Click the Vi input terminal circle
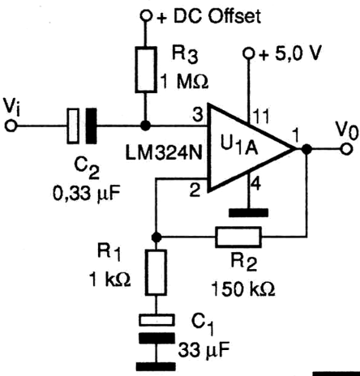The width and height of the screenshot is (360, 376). pyautogui.click(x=11, y=126)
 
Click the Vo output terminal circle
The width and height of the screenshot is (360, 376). pyautogui.click(x=347, y=149)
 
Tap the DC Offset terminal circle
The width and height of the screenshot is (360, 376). pyautogui.click(x=146, y=16)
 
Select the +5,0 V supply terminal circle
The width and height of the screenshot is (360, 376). pyautogui.click(x=248, y=53)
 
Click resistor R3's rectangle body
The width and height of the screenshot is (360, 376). pyautogui.click(x=146, y=70)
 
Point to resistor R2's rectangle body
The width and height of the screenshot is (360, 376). pyautogui.click(x=238, y=237)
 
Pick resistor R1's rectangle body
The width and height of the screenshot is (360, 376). pyautogui.click(x=156, y=272)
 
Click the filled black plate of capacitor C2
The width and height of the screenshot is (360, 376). pyautogui.click(x=91, y=126)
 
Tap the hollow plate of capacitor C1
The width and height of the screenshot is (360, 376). pyautogui.click(x=156, y=320)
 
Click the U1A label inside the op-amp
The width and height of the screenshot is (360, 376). pyautogui.click(x=239, y=147)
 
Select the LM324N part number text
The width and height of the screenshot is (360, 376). pyautogui.click(x=164, y=153)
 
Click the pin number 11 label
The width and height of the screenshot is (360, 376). pyautogui.click(x=261, y=117)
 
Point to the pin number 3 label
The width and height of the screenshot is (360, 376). pyautogui.click(x=197, y=114)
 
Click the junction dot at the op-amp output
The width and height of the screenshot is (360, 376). pyautogui.click(x=306, y=149)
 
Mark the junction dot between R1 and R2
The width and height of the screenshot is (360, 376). pyautogui.click(x=156, y=237)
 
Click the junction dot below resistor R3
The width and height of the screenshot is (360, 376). pyautogui.click(x=146, y=126)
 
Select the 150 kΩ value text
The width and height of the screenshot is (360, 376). pyautogui.click(x=242, y=289)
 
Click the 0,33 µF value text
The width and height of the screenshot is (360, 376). pyautogui.click(x=86, y=194)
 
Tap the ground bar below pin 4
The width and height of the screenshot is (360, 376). pyautogui.click(x=248, y=212)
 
